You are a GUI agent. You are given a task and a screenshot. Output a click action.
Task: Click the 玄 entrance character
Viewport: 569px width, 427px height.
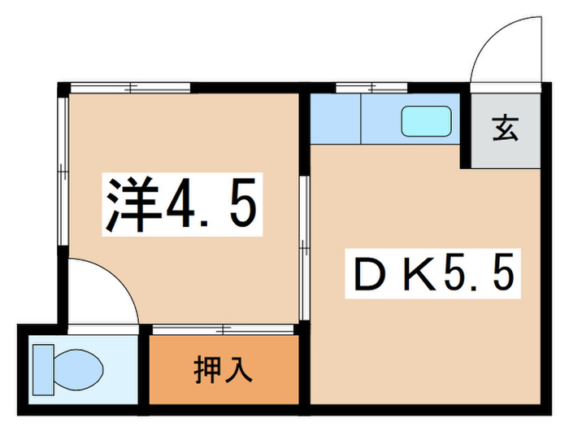[x=505, y=129]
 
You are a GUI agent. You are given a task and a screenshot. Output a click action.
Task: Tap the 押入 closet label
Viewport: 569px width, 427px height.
[x=223, y=369]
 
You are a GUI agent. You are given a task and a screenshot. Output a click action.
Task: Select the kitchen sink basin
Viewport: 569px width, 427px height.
[x=426, y=122]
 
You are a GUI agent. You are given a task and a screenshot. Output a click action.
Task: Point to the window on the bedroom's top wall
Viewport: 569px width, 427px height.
[x=130, y=86]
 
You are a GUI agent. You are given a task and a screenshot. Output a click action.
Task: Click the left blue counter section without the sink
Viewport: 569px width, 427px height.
[x=335, y=120]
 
